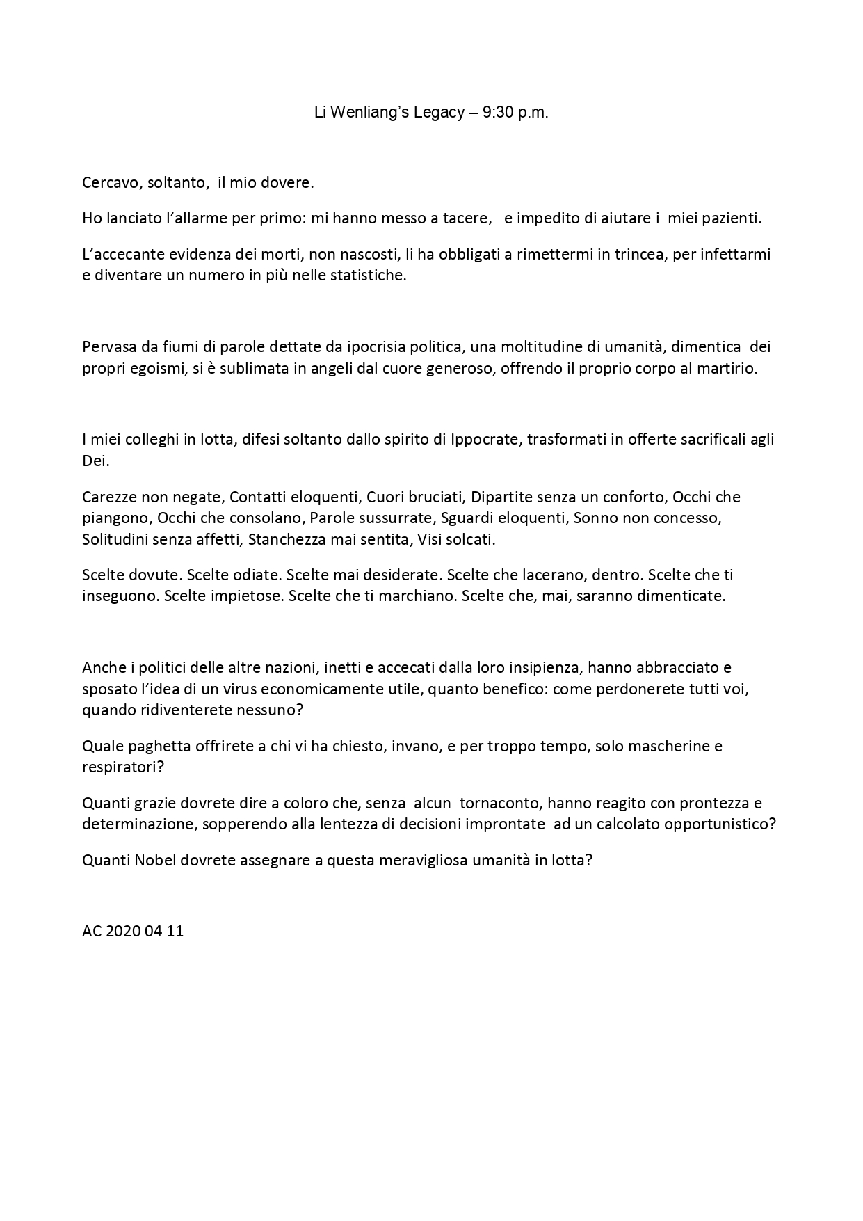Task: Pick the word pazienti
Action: click(x=734, y=218)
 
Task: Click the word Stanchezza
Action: click(x=287, y=539)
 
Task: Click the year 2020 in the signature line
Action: click(x=124, y=931)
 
